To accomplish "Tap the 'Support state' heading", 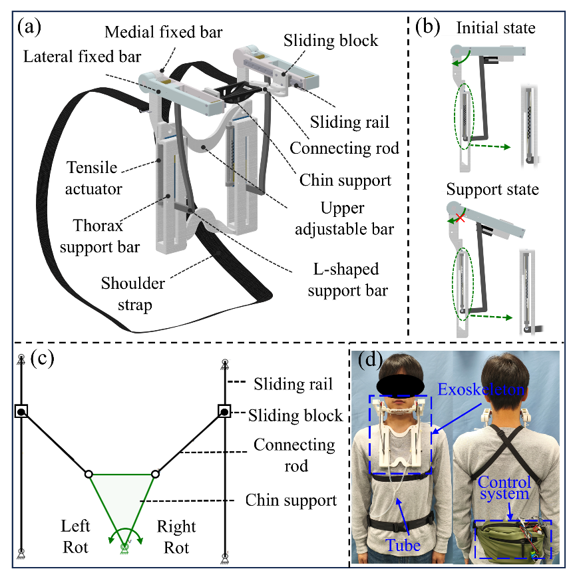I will click(x=492, y=190).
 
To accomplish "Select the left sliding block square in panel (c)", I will click(x=21, y=413).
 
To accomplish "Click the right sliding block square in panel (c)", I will click(x=225, y=413).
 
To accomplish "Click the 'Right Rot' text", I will click(x=177, y=536).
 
